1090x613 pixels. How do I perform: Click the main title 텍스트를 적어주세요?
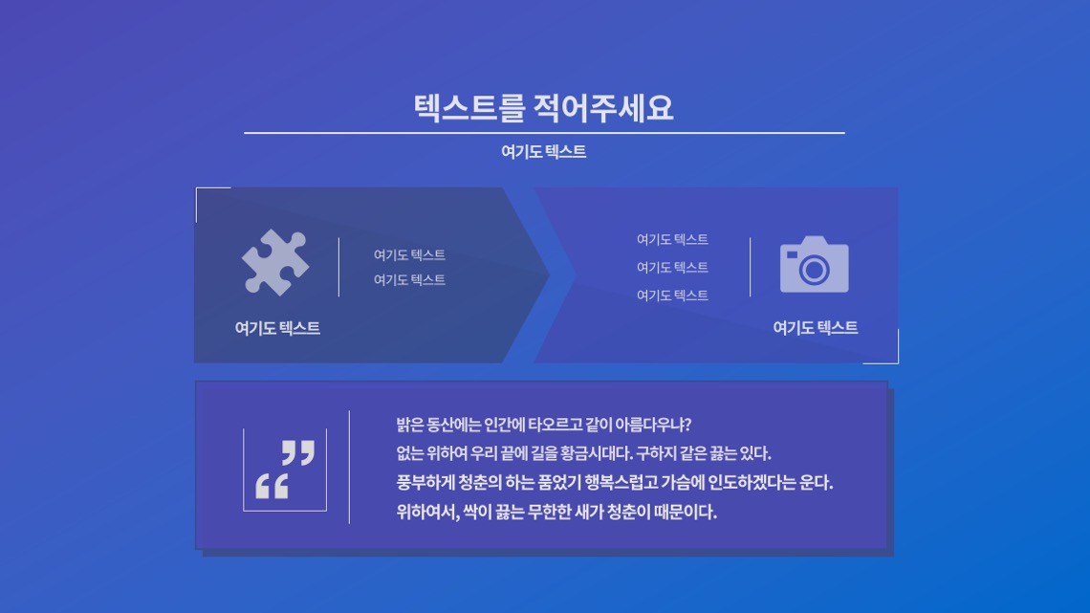543,108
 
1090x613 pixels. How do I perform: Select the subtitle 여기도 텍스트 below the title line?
544,151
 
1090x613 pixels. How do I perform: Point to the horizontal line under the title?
544,132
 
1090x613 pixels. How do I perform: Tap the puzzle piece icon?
275,262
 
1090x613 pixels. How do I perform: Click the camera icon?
814,264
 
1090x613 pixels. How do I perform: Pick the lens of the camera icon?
814,269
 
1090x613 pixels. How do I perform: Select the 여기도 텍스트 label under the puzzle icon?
277,328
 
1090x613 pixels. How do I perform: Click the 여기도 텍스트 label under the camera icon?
816,327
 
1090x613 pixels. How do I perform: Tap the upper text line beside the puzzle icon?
409,255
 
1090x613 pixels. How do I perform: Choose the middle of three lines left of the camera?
672,268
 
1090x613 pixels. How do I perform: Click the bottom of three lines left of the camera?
672,296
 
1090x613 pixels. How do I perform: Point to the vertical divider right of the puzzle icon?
339,267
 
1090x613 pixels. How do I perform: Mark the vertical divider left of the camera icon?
750,267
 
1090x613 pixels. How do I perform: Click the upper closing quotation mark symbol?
298,451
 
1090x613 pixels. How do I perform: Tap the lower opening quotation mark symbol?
272,486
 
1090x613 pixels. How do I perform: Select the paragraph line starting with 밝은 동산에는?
544,425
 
